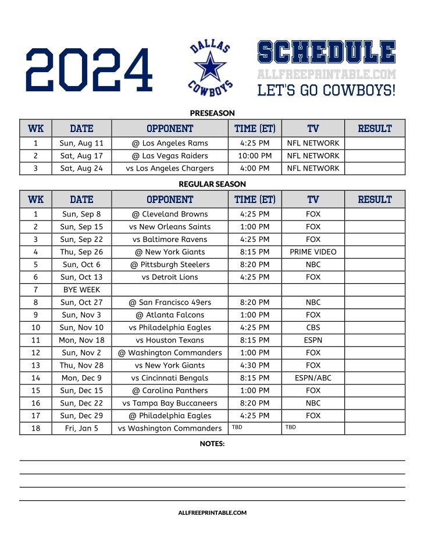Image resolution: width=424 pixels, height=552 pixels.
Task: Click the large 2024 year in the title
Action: click(x=89, y=69)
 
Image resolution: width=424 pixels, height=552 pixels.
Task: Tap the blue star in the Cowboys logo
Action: click(x=210, y=66)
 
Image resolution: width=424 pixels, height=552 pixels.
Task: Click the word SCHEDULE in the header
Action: click(x=326, y=52)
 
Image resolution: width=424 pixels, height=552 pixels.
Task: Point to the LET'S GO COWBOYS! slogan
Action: click(x=326, y=90)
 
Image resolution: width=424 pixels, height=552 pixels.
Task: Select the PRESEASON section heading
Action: click(x=212, y=113)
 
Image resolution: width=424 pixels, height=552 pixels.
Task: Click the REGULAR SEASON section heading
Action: click(x=212, y=184)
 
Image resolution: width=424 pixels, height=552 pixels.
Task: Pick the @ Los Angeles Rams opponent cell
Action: click(x=170, y=143)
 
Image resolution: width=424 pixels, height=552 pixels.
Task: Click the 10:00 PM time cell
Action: click(x=255, y=156)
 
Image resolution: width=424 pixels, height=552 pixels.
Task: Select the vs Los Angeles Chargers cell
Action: click(x=170, y=168)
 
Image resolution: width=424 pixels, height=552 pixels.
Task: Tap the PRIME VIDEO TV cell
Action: click(x=313, y=252)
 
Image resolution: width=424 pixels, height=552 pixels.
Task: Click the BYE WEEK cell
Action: click(x=81, y=290)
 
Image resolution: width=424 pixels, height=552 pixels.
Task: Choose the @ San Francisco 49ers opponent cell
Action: click(x=170, y=302)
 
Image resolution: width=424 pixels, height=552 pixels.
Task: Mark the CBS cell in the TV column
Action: click(x=313, y=327)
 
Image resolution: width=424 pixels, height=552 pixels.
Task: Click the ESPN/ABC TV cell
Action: click(x=313, y=378)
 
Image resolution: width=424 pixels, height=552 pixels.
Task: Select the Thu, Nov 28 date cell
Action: click(x=81, y=365)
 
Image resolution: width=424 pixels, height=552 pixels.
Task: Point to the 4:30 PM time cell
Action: click(x=255, y=365)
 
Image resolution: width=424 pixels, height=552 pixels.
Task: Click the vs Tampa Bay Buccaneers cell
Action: click(x=170, y=403)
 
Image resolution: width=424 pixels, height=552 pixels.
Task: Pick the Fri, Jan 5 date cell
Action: click(x=81, y=428)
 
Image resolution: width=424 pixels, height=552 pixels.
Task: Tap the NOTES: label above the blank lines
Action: click(x=212, y=443)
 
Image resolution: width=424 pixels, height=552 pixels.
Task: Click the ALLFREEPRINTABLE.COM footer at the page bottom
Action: click(x=212, y=512)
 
